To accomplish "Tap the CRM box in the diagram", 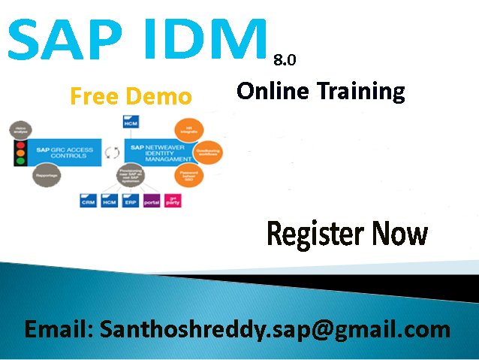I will coord(88,201).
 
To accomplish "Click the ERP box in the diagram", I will coord(130,201).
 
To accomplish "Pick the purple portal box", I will coord(151,201).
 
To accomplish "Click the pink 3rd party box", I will coord(171,201).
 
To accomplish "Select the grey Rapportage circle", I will coord(47,176).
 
